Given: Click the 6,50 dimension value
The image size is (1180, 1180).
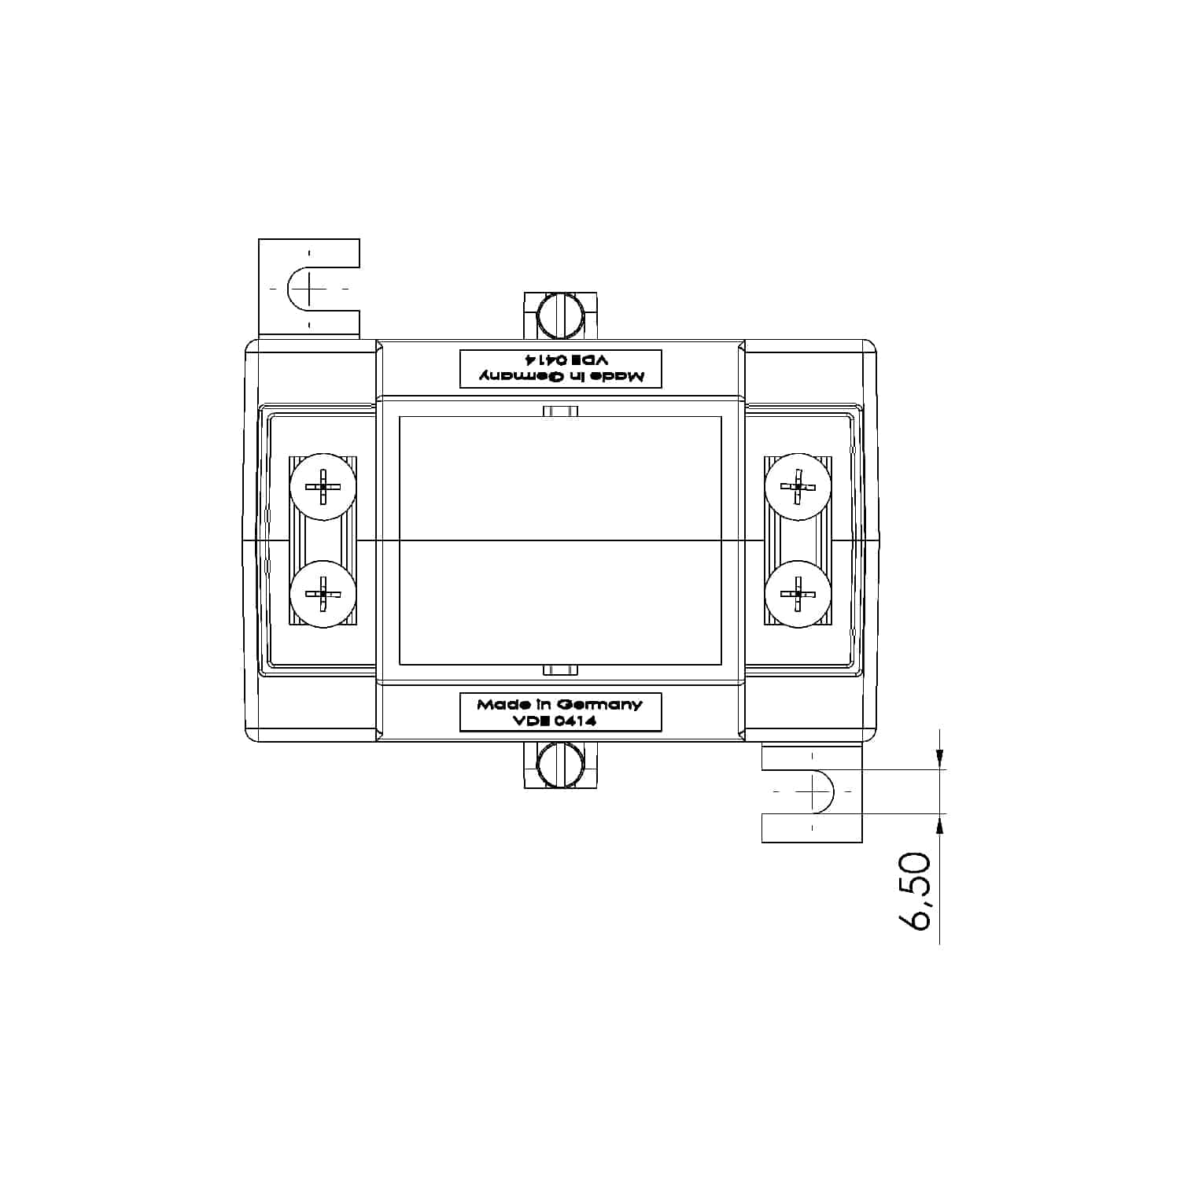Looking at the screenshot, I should (x=916, y=892).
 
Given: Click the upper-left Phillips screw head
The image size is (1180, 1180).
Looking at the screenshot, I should (x=323, y=487).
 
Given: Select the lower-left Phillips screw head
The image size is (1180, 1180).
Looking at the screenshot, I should (x=323, y=594).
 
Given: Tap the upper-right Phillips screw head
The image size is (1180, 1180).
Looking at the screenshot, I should (x=798, y=487).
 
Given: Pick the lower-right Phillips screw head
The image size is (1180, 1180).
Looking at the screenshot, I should (x=798, y=594).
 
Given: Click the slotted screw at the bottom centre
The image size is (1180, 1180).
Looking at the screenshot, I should (x=560, y=765).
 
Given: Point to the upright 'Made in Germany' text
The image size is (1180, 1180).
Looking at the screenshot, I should (x=559, y=704).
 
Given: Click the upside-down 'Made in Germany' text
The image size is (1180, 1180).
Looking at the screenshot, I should (x=561, y=377).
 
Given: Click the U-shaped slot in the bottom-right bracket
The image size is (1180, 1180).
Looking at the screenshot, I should (x=818, y=791).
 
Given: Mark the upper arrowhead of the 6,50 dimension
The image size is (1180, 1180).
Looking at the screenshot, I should (x=939, y=758).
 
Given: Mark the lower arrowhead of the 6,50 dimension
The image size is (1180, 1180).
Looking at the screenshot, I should (x=939, y=824).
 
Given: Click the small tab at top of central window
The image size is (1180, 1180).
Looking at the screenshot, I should (x=561, y=411).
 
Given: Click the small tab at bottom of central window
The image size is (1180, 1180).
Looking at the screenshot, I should (x=561, y=670).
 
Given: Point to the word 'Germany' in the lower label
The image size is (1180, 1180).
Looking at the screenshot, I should (x=603, y=704).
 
